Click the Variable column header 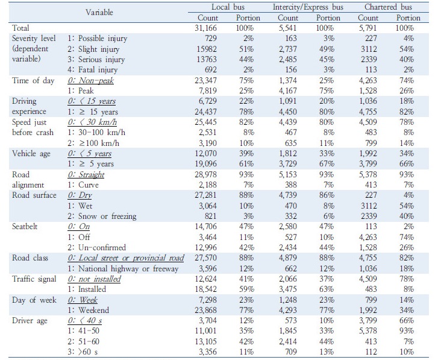(x=99, y=12)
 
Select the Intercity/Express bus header (x=308, y=7)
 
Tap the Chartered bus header (x=388, y=7)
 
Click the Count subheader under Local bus (x=208, y=18)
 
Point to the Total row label (x=20, y=28)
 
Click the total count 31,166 (x=205, y=28)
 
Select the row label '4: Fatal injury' (x=92, y=70)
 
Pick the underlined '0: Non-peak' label (x=90, y=81)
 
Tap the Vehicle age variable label (x=31, y=154)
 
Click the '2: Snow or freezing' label (x=102, y=216)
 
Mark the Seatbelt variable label (x=25, y=227)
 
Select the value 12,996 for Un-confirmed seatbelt (x=205, y=247)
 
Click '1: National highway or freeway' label (x=123, y=268)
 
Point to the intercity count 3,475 (x=288, y=289)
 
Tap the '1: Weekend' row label (x=88, y=310)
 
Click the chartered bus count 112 (x=371, y=352)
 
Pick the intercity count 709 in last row (x=291, y=352)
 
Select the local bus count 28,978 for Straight (x=205, y=175)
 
